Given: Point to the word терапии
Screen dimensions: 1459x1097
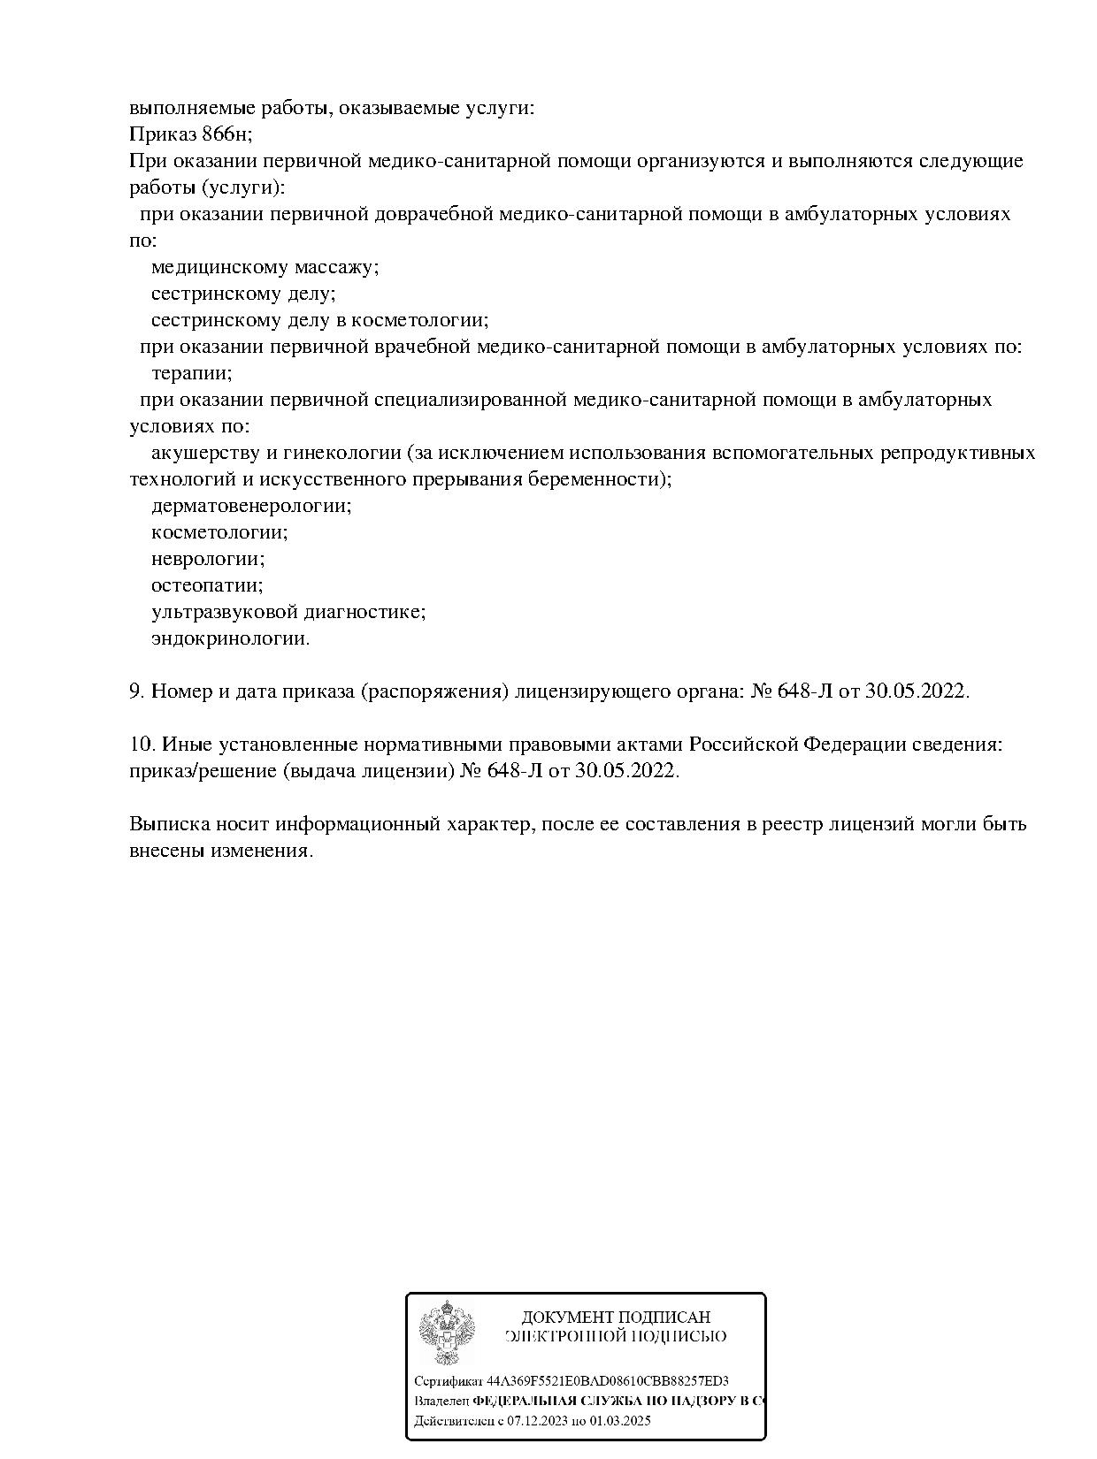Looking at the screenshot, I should coord(191,373).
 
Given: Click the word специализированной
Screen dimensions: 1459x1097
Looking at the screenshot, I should coord(470,400).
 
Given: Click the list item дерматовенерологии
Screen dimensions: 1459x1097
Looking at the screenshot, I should coord(251,506).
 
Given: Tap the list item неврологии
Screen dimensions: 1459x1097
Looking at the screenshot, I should coord(208,559).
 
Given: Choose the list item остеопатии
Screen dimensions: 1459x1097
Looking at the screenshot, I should coord(207,585).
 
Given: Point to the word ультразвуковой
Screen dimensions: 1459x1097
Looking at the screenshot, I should coord(224,612).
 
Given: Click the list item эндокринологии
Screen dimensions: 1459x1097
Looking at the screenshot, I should coord(230,638).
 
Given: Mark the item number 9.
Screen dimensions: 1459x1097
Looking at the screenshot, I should coord(137,691).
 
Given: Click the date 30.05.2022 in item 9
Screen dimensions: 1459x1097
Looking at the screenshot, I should coord(917,691).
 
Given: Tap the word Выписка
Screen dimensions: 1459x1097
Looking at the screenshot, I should coord(169,824).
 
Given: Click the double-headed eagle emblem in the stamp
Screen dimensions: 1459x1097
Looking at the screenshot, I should coord(447,1333).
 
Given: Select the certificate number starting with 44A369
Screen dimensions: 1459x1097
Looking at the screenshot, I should coord(608,1381).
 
